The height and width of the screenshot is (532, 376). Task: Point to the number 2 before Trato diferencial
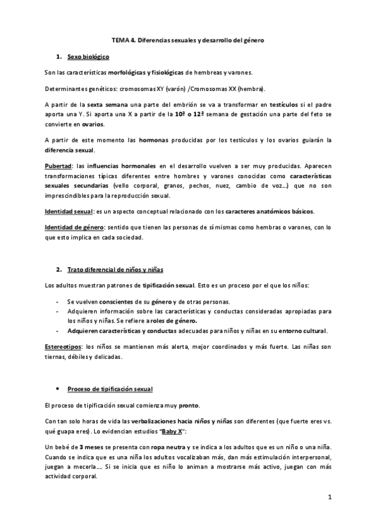pos(58,269)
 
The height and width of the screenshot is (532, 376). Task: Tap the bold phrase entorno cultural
pos(304,331)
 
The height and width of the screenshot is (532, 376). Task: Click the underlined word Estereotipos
pos(64,346)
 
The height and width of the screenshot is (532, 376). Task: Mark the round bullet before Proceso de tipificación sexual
pos(58,390)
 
